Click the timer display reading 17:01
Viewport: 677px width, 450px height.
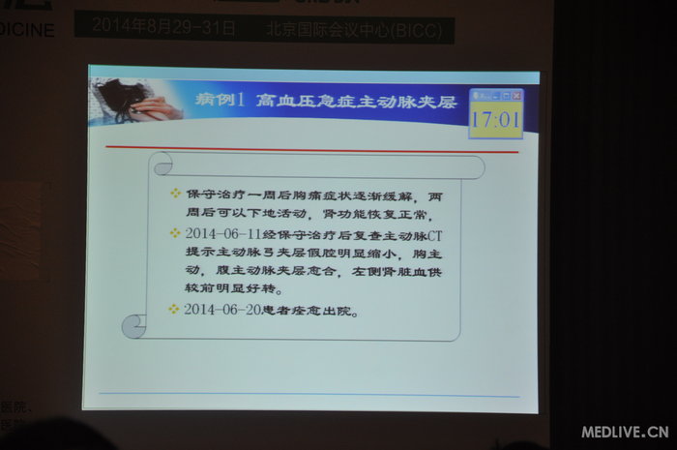coord(496,122)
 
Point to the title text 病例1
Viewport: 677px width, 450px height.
coord(221,102)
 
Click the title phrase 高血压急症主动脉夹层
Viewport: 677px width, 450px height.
coord(355,102)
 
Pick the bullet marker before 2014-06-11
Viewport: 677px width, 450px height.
coord(174,234)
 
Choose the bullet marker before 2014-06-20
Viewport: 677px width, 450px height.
coord(174,309)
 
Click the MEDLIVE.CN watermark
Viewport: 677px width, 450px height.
coord(625,432)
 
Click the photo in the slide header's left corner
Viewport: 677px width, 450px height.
coord(135,102)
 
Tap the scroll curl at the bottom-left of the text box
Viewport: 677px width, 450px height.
coord(134,325)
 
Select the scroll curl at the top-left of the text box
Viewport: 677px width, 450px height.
coord(162,164)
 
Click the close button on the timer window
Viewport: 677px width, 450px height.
coord(517,96)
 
